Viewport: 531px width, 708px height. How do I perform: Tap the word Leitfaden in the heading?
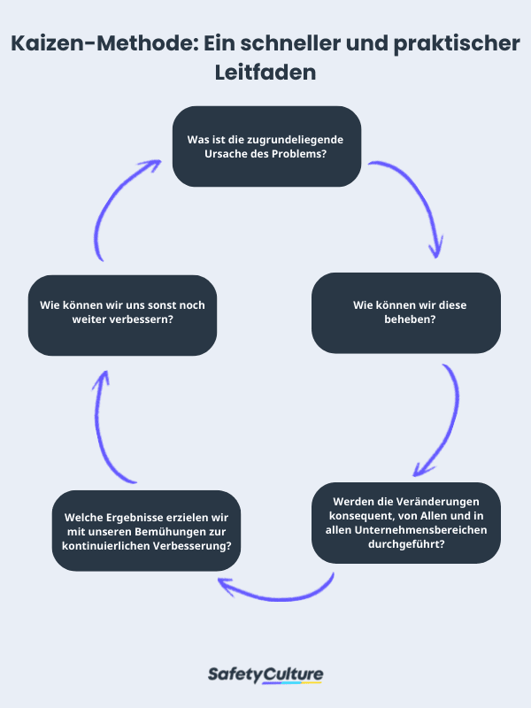(265, 73)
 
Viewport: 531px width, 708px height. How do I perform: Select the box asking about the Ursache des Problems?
(266, 146)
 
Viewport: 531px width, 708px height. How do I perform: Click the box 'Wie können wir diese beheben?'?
(405, 312)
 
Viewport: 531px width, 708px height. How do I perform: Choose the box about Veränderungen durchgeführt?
(406, 521)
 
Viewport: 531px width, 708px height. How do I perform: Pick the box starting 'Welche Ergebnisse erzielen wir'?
(147, 530)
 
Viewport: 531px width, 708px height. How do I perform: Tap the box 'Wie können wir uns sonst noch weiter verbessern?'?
(122, 312)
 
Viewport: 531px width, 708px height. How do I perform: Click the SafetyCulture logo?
(265, 675)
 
